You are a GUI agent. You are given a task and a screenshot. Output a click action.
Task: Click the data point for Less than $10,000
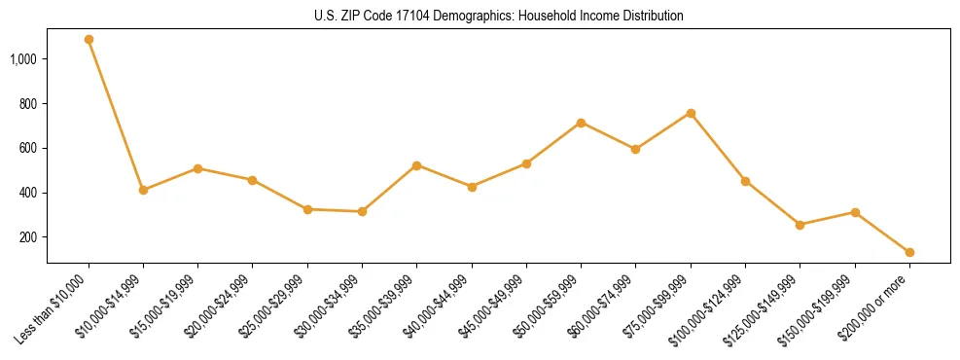point(89,40)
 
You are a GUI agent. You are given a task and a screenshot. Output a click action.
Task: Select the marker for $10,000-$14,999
point(143,190)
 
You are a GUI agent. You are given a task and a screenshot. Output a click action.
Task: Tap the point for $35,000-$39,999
point(416,165)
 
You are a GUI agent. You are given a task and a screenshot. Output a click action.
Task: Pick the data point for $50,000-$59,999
point(581,123)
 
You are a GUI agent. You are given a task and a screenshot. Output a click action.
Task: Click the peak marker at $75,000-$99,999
point(691,113)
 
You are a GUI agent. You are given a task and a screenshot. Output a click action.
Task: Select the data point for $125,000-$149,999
point(800,225)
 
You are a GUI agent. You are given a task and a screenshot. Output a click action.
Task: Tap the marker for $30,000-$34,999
point(362,211)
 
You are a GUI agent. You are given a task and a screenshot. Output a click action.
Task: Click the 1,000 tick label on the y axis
point(23,59)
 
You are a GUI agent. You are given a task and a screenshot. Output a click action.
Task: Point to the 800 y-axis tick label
point(27,104)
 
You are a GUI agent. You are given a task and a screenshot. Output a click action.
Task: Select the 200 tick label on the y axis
point(27,237)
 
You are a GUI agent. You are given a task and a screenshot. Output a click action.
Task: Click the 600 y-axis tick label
point(27,149)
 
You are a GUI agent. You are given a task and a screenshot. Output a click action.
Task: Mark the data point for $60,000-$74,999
point(635,149)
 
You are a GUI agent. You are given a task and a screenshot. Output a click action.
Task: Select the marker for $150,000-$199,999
point(855,212)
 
